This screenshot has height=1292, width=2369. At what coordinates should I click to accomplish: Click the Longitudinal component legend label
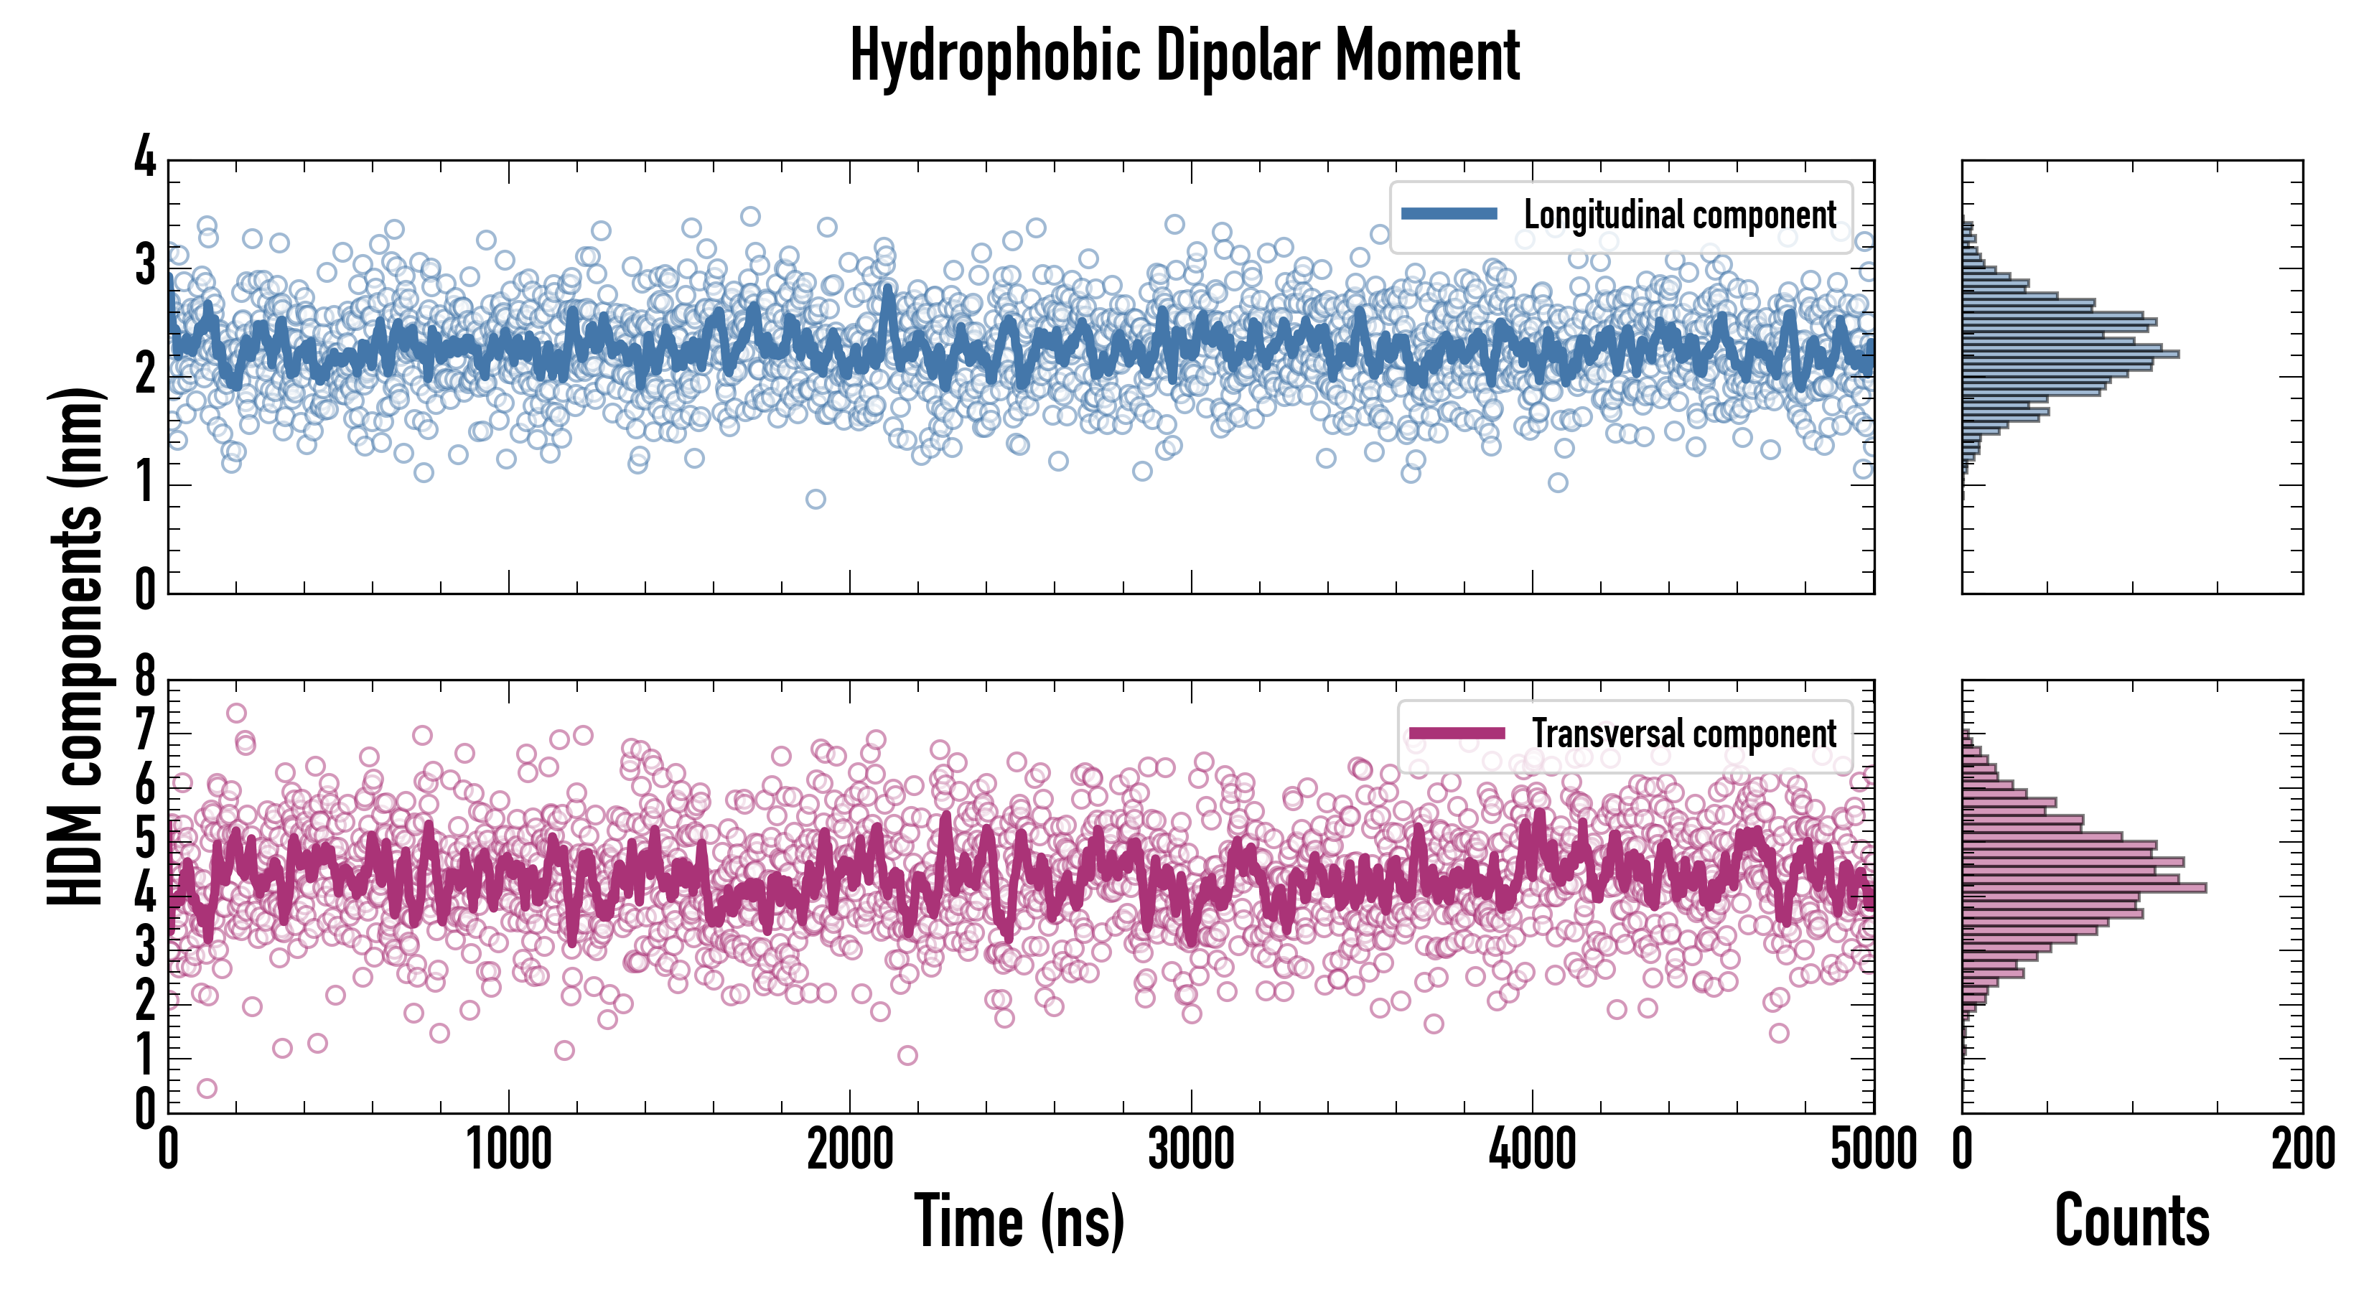pos(1679,215)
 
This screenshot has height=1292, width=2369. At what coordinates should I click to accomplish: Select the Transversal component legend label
pos(1683,734)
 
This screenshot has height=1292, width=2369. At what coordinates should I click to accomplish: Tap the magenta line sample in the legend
pos(1457,733)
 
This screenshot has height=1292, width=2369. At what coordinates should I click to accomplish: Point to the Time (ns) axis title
pos(1019,1221)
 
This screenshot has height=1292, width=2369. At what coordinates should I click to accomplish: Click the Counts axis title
pos(2131,1221)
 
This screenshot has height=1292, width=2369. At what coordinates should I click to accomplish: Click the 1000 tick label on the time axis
pos(508,1149)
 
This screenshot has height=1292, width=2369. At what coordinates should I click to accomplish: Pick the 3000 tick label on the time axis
pos(1191,1149)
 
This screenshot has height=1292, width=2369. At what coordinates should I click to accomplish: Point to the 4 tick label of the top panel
pos(145,156)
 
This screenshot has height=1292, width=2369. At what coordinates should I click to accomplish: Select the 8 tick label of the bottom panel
pos(145,678)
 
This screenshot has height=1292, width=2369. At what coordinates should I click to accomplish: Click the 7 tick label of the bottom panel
pos(145,732)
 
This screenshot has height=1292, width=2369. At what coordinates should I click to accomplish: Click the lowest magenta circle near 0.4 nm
pos(207,1089)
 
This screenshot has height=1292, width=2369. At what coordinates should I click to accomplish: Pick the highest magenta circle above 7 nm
pos(236,713)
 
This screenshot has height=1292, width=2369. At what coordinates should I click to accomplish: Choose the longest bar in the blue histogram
pos(2069,354)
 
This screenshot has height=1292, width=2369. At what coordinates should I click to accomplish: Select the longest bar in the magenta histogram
pos(2084,887)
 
